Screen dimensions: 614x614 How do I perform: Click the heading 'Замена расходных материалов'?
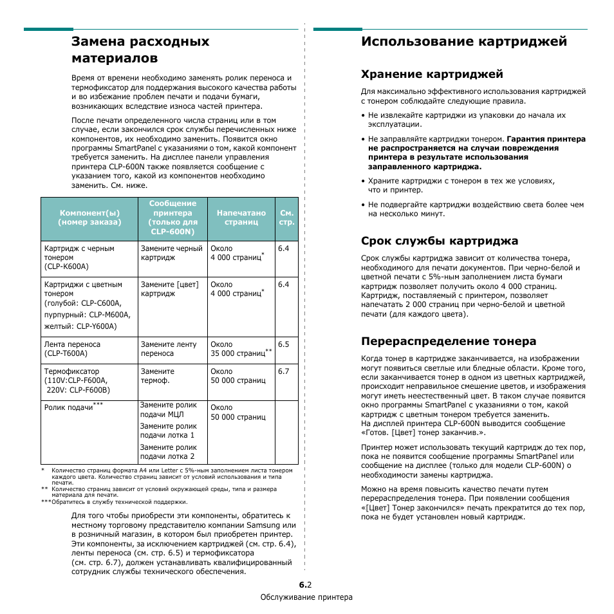click(140, 50)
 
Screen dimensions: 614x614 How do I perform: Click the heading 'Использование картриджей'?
click(464, 41)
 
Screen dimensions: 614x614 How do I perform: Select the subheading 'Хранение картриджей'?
click(432, 74)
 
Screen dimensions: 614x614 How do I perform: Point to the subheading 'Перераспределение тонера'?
click(449, 340)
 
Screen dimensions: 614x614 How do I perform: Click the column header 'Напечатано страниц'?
click(241, 218)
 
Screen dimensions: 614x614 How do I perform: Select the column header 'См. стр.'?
click(287, 218)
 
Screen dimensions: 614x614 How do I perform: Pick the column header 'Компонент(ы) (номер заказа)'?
click(89, 218)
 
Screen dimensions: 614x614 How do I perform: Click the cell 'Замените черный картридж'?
click(171, 253)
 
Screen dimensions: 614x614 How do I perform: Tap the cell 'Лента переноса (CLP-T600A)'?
click(72, 349)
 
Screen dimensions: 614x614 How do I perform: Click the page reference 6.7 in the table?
click(284, 371)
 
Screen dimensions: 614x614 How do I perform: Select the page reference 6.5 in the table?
click(284, 344)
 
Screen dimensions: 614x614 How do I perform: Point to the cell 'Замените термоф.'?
click(158, 376)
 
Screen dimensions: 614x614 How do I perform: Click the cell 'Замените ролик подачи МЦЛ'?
click(168, 410)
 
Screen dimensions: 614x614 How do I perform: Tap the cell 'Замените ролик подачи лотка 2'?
click(168, 452)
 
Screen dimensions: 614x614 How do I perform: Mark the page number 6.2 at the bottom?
click(306, 585)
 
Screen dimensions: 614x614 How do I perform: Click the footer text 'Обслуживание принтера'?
click(306, 597)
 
